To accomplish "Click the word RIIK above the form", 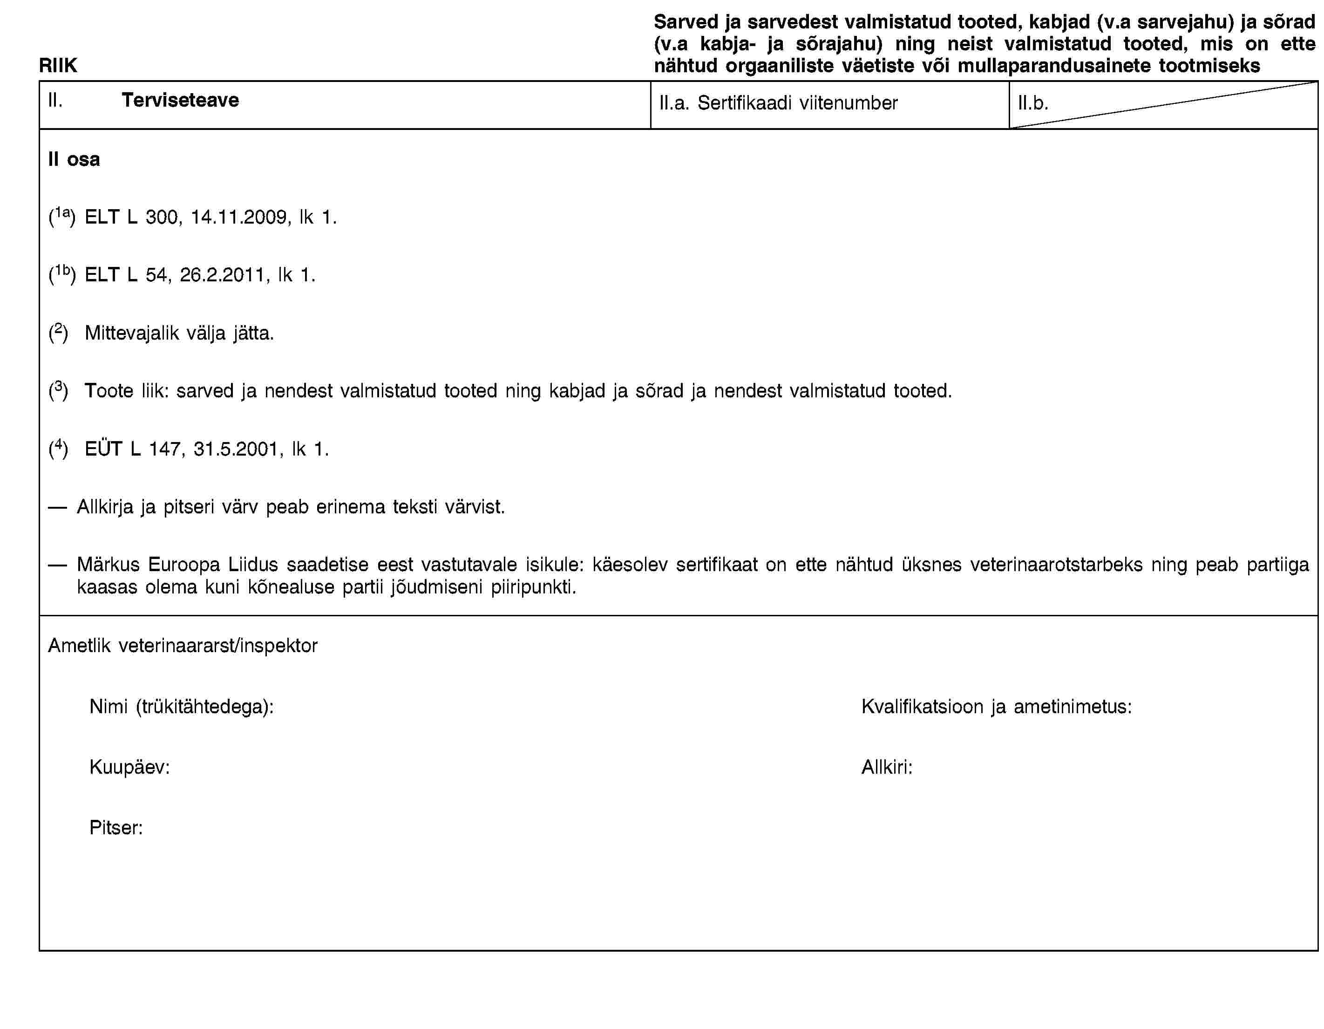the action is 58,66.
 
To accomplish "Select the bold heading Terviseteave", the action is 180,100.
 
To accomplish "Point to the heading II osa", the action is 74,159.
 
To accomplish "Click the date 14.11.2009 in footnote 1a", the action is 240,217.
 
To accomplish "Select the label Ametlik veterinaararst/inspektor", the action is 183,646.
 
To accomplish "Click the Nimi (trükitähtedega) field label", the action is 181,706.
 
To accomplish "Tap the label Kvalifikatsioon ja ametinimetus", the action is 996,706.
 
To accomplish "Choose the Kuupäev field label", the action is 129,767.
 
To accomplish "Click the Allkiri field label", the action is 887,767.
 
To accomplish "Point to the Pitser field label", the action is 116,828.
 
